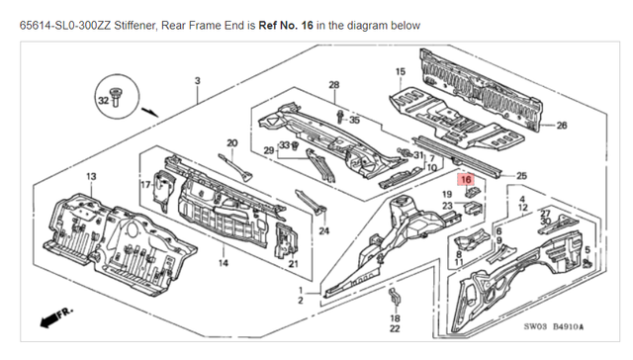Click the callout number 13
[x=91, y=176]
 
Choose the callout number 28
[x=333, y=85]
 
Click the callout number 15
[x=401, y=71]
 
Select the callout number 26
[x=562, y=126]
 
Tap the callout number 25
[x=522, y=175]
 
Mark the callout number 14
[x=223, y=263]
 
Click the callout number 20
[x=233, y=142]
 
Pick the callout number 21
[x=293, y=263]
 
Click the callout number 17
[x=144, y=184]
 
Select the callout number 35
[x=354, y=120]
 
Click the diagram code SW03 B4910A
[x=554, y=327]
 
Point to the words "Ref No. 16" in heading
[x=285, y=23]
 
